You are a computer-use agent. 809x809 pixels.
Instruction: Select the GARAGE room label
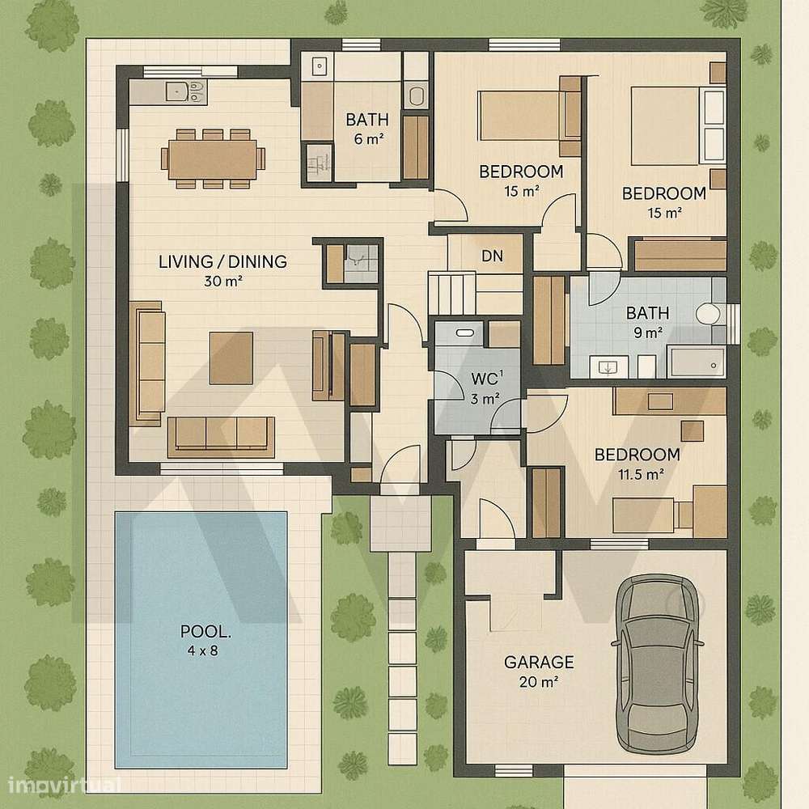pos(539,663)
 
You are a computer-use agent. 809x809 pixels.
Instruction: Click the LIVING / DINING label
pos(222,262)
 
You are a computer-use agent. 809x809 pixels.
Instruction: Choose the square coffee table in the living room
pos(231,358)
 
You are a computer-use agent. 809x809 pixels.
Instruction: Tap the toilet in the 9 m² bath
pos(709,314)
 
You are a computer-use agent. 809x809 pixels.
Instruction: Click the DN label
pos(492,256)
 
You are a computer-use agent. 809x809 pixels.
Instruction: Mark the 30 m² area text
pos(224,282)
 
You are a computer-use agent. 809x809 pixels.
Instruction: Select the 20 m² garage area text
pos(538,682)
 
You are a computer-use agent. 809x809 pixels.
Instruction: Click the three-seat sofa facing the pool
pos(220,434)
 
